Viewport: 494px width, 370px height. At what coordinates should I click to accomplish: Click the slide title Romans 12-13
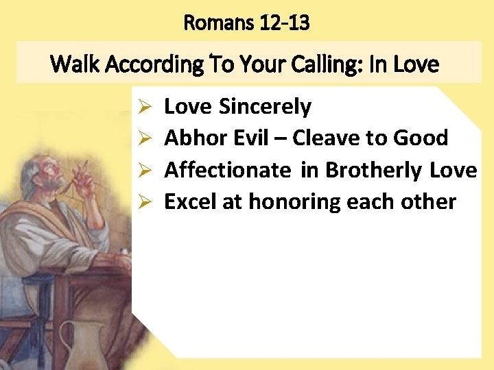click(246, 23)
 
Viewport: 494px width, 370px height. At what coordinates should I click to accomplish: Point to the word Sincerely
click(265, 107)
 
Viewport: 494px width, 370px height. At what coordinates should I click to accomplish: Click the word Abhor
click(191, 138)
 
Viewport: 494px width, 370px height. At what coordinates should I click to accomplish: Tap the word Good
click(421, 138)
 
